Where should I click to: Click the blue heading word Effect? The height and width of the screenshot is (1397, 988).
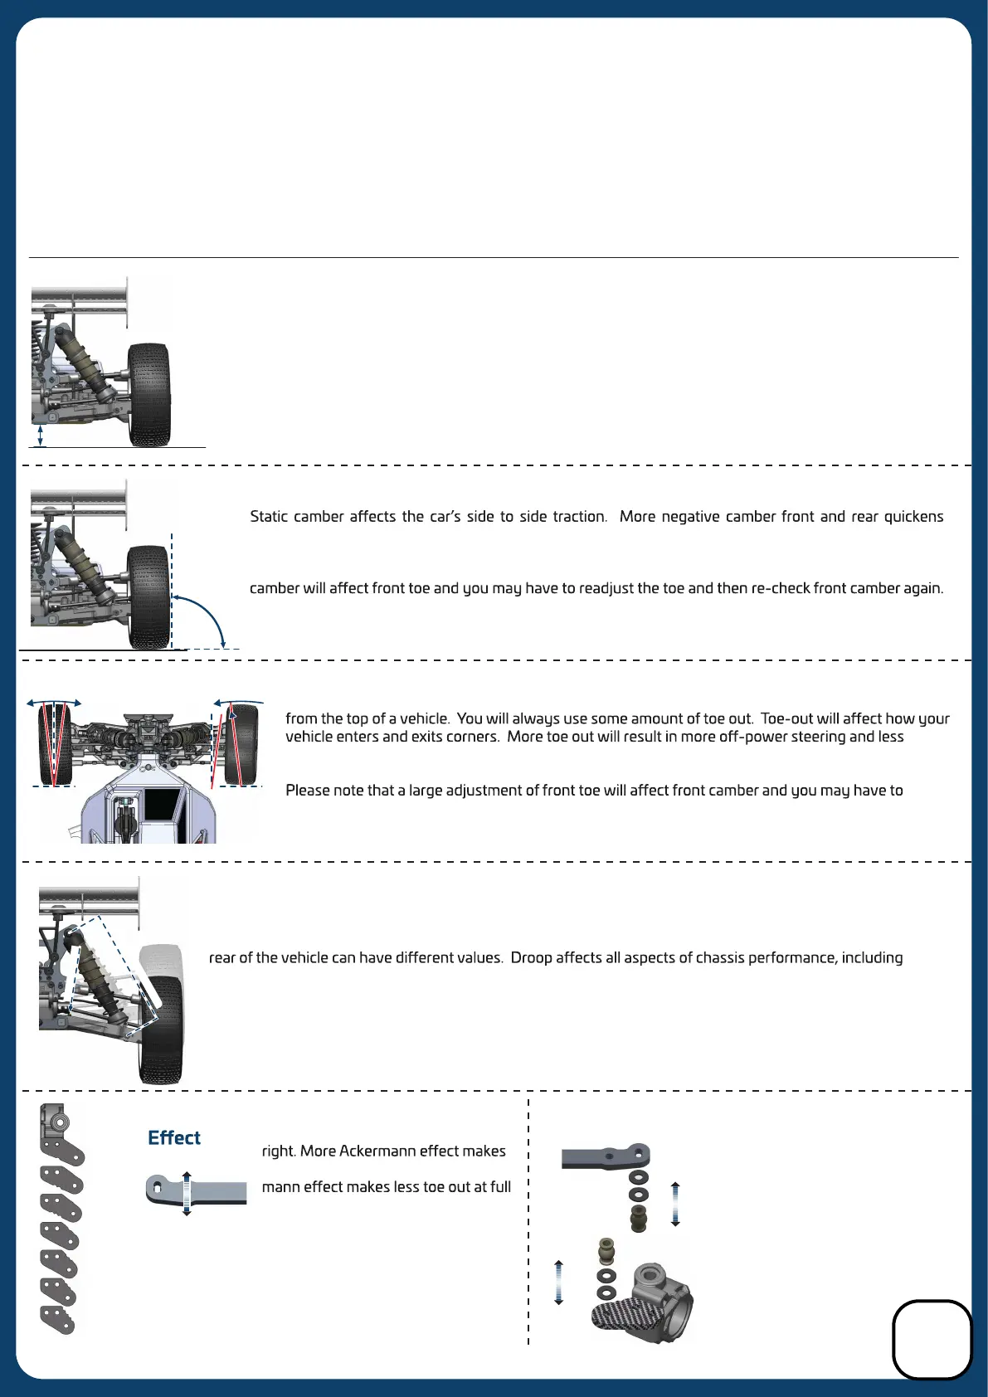tap(173, 1138)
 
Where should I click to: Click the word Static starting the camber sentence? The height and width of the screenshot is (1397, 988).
tap(269, 517)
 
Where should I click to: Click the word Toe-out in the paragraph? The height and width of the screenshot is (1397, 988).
tap(786, 719)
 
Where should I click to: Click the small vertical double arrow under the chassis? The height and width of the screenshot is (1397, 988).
tap(41, 436)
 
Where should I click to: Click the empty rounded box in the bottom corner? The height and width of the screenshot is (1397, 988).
tap(932, 1339)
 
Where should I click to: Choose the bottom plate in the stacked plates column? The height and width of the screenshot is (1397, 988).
tap(58, 1319)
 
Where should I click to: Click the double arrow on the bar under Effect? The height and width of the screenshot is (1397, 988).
tap(187, 1194)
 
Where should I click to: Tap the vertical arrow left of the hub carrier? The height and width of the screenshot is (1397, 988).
tap(558, 1282)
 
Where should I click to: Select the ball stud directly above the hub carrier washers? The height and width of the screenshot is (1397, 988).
tap(606, 1250)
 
